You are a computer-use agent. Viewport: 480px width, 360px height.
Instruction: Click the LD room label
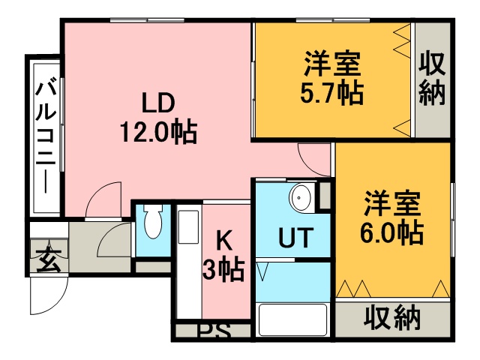point(158,103)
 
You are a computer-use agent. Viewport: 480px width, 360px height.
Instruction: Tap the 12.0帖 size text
point(158,132)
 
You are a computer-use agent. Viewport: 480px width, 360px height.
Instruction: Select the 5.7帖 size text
point(331,93)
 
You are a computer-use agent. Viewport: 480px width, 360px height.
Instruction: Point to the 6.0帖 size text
point(391,232)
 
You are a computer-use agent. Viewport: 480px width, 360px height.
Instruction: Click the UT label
point(295,237)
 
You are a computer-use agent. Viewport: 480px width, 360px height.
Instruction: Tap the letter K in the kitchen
point(224,241)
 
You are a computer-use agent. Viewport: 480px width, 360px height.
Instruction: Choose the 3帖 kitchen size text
point(224,270)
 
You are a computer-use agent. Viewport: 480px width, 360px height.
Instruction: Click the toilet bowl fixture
point(153,223)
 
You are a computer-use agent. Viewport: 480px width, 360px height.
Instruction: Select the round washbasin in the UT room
point(301,198)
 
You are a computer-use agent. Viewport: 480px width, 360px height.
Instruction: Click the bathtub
point(292,319)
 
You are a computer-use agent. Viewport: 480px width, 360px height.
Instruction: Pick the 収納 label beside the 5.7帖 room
point(432,79)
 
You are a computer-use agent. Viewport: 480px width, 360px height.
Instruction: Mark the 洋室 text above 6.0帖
point(392,203)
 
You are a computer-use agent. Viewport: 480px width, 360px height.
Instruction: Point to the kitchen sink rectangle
point(188,226)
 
